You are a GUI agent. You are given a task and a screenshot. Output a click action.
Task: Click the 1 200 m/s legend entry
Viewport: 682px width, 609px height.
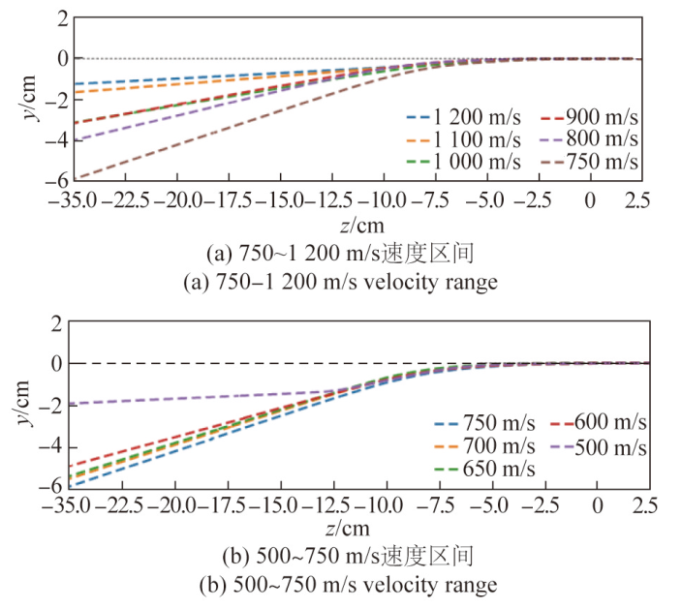463,118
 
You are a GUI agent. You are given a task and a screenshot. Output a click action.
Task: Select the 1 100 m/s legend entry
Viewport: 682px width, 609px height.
463,139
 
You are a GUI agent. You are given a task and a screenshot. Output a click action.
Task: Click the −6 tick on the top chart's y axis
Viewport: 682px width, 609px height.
55,181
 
